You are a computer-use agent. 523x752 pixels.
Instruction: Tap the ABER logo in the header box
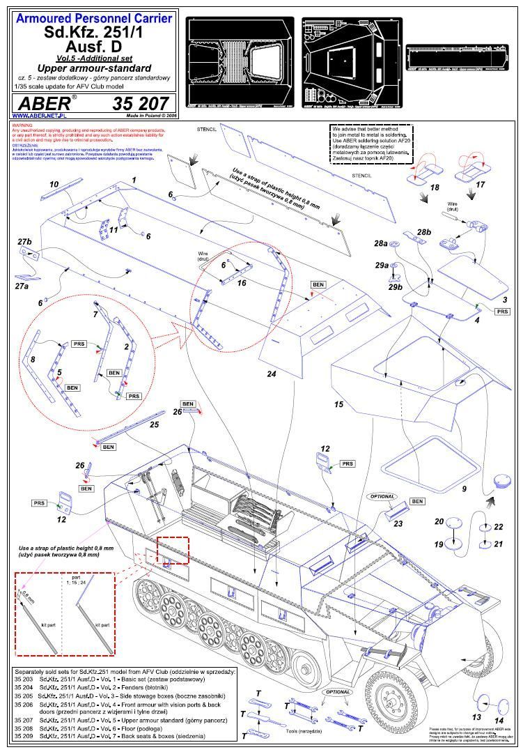(x=42, y=104)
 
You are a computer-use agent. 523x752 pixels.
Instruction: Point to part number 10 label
(x=54, y=184)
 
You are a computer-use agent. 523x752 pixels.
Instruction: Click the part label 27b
(x=24, y=241)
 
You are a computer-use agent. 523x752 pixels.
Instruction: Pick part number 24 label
(x=272, y=374)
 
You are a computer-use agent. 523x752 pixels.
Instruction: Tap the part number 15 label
(x=339, y=404)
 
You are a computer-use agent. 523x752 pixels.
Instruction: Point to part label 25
(x=154, y=424)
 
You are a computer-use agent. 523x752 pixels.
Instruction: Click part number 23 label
(x=398, y=523)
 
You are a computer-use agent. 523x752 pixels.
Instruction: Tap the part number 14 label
(x=499, y=720)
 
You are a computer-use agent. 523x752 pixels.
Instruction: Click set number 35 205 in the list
(x=24, y=696)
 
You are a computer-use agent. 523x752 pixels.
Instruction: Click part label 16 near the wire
(x=242, y=283)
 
